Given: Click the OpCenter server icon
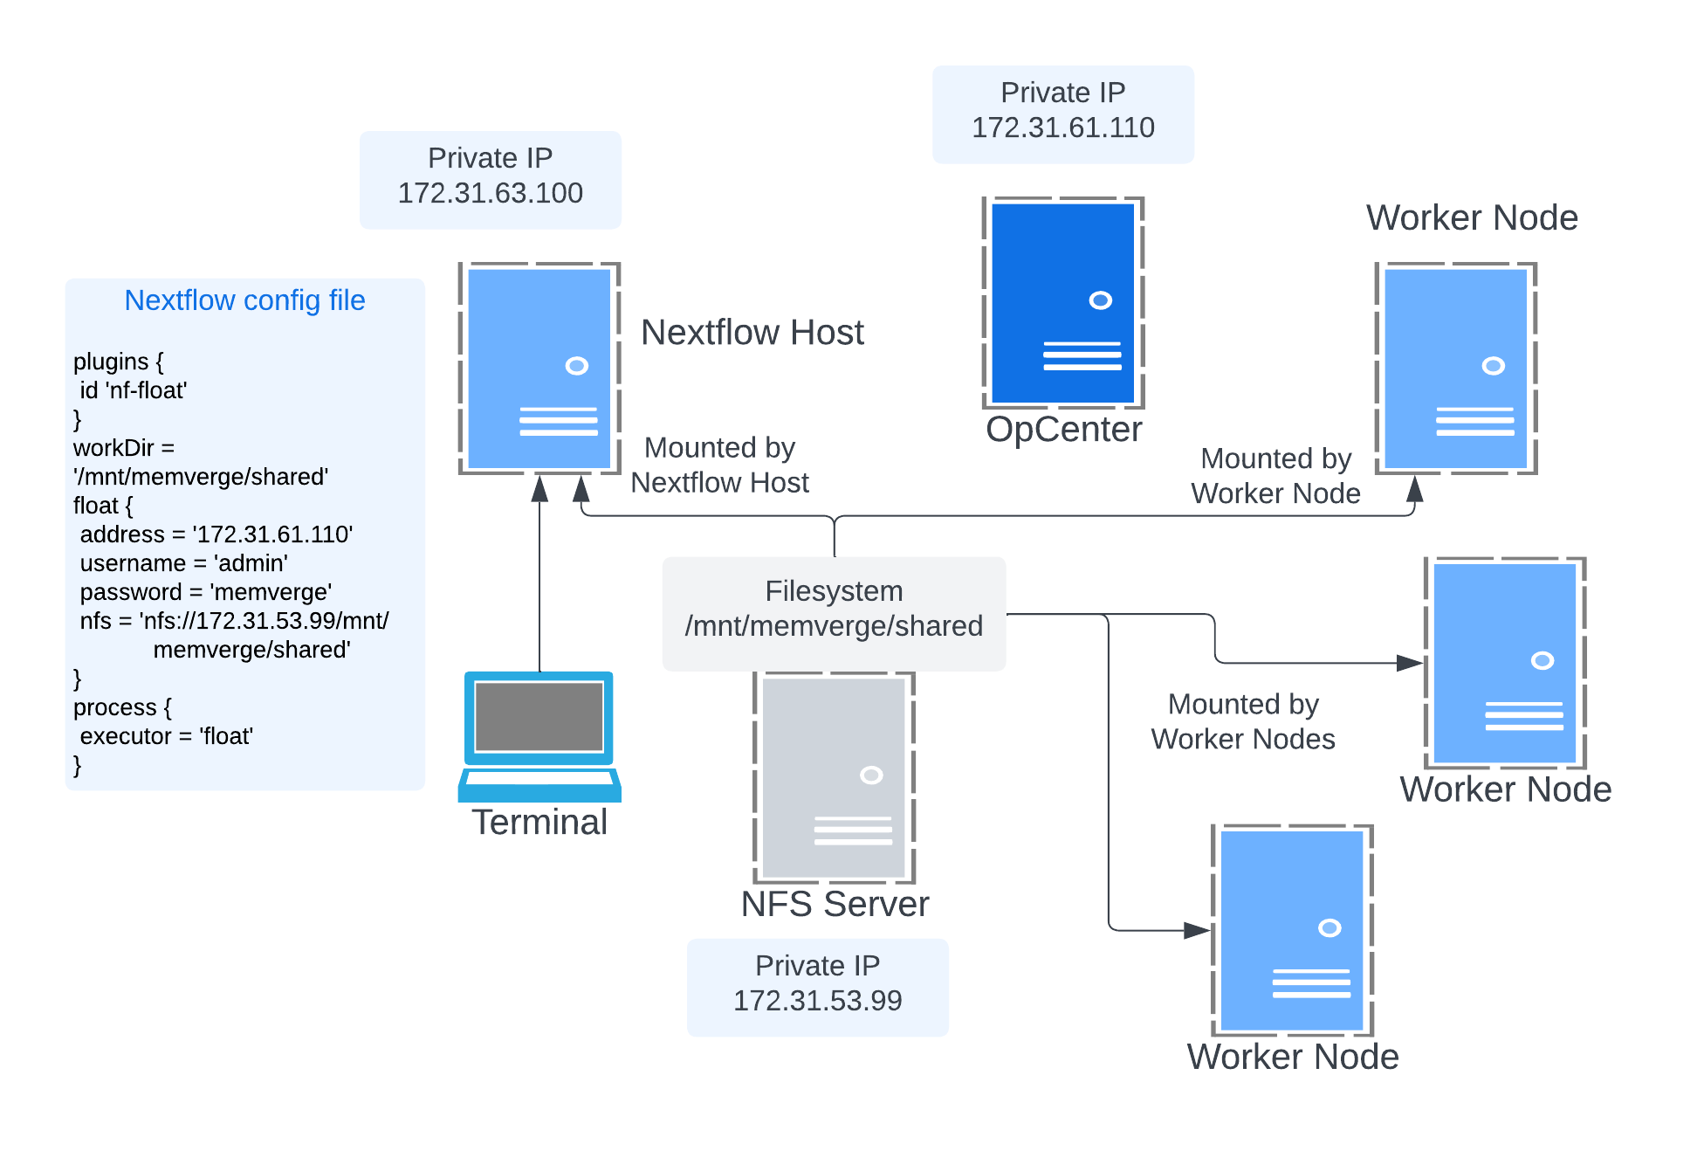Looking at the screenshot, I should pos(1062,303).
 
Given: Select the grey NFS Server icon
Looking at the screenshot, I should pos(835,778).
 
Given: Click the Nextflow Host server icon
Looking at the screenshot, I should pos(539,368).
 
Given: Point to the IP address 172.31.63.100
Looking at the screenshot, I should pos(490,193).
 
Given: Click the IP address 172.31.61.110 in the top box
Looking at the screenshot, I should pos(1062,128).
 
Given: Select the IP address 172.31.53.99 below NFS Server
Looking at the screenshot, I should pos(817,1001).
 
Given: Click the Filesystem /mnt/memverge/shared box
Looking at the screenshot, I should pos(834,613).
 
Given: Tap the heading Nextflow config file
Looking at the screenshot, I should pos(244,300).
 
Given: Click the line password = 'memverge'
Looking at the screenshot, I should pos(205,592).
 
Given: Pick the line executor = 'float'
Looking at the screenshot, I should pos(166,736).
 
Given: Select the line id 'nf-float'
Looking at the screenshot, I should pos(133,390).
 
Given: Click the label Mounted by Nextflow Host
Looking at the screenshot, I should pos(719,465).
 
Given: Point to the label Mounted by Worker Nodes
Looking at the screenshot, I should pos(1242,721).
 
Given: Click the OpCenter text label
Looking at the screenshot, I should pos(1063,430).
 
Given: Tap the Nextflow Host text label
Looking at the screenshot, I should pos(752,333).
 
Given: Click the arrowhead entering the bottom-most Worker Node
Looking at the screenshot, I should pos(1198,930).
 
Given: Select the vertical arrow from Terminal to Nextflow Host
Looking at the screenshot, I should pos(539,576).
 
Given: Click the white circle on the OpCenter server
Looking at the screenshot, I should pos(1100,300).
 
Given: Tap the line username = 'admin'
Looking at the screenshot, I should pos(183,563).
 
